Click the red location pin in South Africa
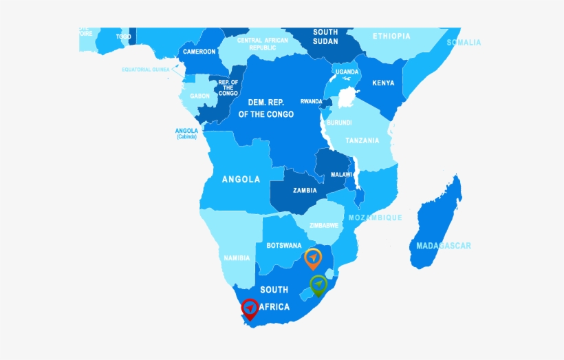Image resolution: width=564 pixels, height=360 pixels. pos(250,308)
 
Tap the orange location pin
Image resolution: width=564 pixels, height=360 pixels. pos(313,257)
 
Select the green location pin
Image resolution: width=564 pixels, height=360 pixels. pos(318,283)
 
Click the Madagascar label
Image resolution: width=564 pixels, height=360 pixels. pos(444,246)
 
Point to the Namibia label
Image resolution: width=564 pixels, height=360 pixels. pos(237,258)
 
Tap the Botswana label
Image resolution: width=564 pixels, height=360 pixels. pos(284,245)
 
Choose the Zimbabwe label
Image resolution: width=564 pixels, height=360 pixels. pos(323,225)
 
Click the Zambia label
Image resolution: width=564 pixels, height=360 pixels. pos(305,191)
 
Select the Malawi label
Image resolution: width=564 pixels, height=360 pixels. pos(341,175)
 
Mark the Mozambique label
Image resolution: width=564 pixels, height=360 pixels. pos(375,218)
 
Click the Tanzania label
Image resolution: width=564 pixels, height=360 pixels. pos(362,140)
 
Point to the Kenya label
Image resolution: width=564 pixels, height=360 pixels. pos(383,83)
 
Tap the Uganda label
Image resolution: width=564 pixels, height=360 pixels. pos(347,72)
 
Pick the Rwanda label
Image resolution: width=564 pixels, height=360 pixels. pos(311,101)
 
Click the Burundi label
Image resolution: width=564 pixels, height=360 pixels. pos(339,123)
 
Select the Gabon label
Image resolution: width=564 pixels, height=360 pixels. pos(200,96)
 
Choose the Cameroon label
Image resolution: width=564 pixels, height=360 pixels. pos(199,52)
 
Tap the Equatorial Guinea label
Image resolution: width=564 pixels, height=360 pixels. pos(145,70)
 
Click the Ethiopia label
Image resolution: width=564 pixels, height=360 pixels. pos(391,36)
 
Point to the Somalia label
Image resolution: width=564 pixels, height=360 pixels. pos(464,43)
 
